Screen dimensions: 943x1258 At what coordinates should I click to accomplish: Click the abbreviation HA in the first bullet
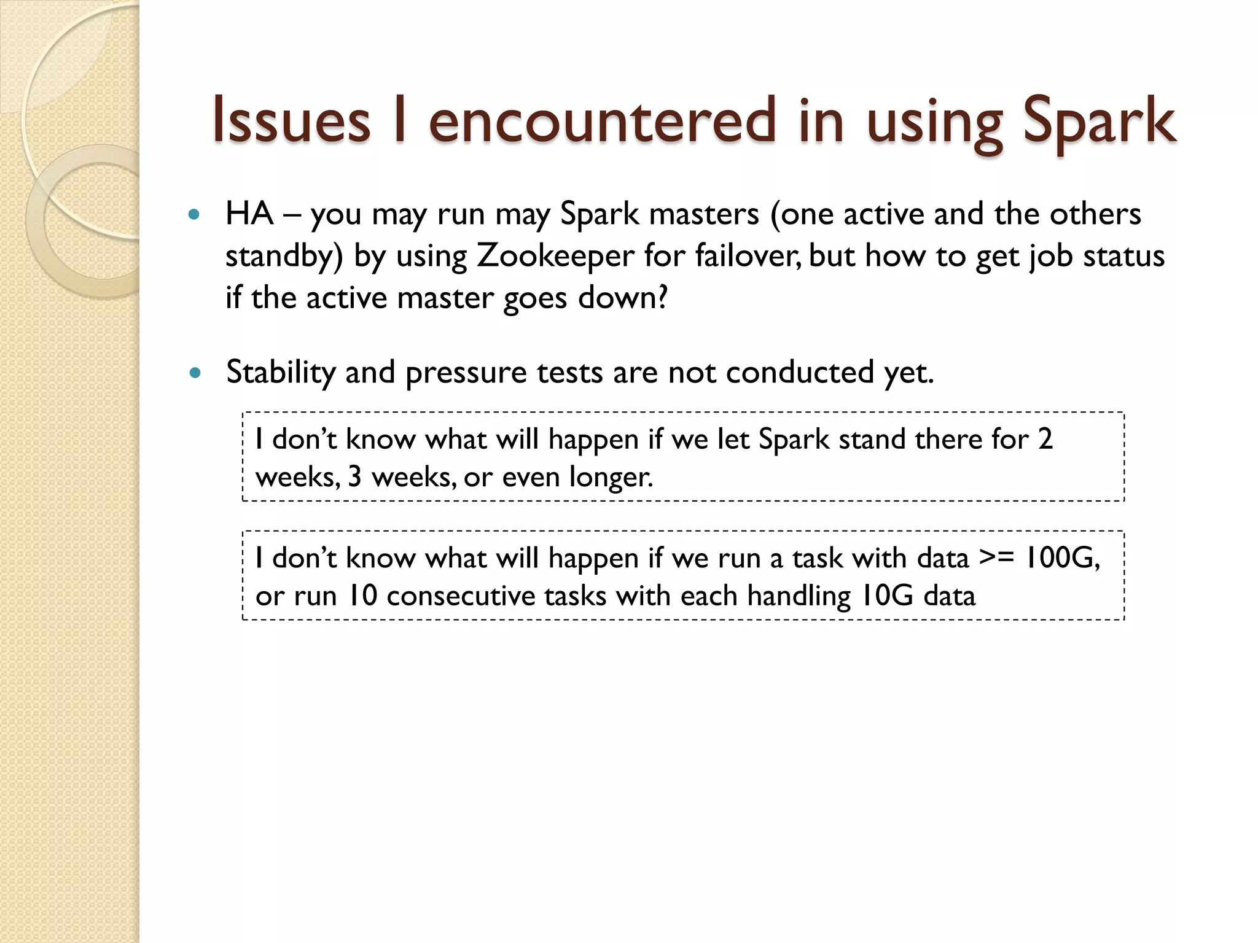click(x=249, y=214)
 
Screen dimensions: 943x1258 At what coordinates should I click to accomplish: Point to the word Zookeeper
click(x=555, y=256)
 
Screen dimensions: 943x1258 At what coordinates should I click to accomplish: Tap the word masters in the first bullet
click(x=704, y=214)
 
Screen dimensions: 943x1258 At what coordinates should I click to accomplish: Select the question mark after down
click(x=662, y=298)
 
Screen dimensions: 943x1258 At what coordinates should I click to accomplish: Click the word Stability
click(x=281, y=373)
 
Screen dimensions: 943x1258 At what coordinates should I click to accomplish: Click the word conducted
click(x=799, y=373)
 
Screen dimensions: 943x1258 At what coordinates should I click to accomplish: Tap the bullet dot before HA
click(x=195, y=215)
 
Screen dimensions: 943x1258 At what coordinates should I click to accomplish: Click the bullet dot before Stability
click(x=195, y=373)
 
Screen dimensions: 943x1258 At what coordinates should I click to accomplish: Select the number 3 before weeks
click(x=354, y=477)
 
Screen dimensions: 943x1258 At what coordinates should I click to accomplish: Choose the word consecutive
click(x=496, y=596)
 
